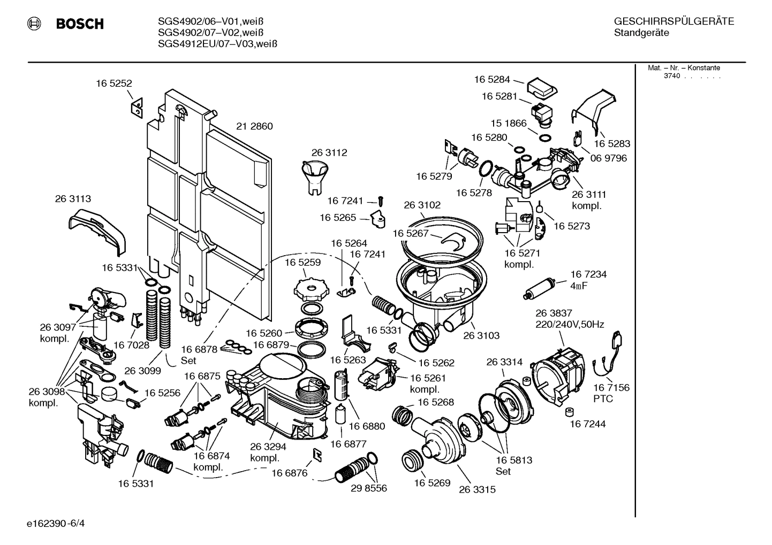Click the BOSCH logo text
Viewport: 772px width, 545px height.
coord(80,24)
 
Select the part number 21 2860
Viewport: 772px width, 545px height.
coord(254,126)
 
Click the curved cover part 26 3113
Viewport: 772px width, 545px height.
coord(97,230)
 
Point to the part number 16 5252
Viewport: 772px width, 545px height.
coord(113,83)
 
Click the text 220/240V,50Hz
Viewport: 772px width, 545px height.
coord(570,325)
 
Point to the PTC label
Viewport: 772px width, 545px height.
coord(603,399)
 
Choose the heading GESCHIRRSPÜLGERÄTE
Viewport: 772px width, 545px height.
coord(673,21)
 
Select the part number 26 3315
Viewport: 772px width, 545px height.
coord(477,489)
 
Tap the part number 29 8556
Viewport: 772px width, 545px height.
coord(368,488)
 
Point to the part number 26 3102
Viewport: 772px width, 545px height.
coord(422,205)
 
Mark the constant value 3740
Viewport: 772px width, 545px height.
coord(671,76)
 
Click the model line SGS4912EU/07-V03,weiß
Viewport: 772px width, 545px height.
coord(217,44)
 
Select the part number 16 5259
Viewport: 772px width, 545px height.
coord(302,262)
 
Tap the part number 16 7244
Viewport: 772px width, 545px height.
coord(587,424)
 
